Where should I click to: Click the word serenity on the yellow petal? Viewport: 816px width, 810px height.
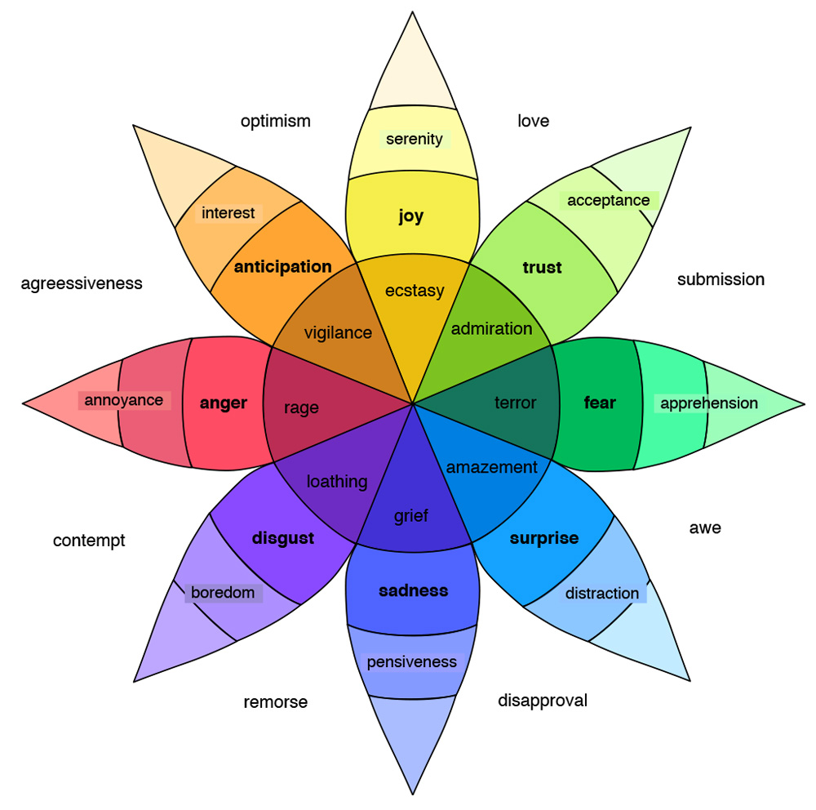pyautogui.click(x=415, y=139)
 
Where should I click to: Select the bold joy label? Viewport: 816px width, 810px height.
pyautogui.click(x=411, y=216)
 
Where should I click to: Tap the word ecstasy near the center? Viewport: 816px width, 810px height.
pyautogui.click(x=415, y=290)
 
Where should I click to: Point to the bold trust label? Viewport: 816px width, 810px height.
pyautogui.click(x=542, y=267)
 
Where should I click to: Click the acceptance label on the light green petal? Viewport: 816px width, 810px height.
pyautogui.click(x=609, y=200)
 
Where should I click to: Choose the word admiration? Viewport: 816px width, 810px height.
pyautogui.click(x=491, y=328)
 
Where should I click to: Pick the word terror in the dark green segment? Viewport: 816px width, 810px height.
pyautogui.click(x=516, y=403)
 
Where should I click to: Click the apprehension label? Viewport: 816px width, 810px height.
pyautogui.click(x=708, y=403)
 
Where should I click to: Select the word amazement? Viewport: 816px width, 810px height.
pyautogui.click(x=492, y=467)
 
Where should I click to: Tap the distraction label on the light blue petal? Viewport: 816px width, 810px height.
pyautogui.click(x=602, y=593)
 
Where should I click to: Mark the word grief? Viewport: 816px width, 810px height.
pyautogui.click(x=411, y=516)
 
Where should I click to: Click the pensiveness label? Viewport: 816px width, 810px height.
pyautogui.click(x=411, y=661)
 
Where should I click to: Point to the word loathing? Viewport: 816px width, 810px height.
pyautogui.click(x=337, y=482)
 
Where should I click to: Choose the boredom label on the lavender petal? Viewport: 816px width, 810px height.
pyautogui.click(x=223, y=592)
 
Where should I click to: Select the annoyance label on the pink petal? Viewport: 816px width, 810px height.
pyautogui.click(x=124, y=400)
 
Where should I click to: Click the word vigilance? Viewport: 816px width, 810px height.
pyautogui.click(x=338, y=332)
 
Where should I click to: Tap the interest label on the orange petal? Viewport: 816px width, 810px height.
pyautogui.click(x=228, y=213)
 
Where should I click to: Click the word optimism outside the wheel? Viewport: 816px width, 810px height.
pyautogui.click(x=276, y=121)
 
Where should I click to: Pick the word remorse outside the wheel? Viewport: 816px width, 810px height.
pyautogui.click(x=276, y=702)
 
